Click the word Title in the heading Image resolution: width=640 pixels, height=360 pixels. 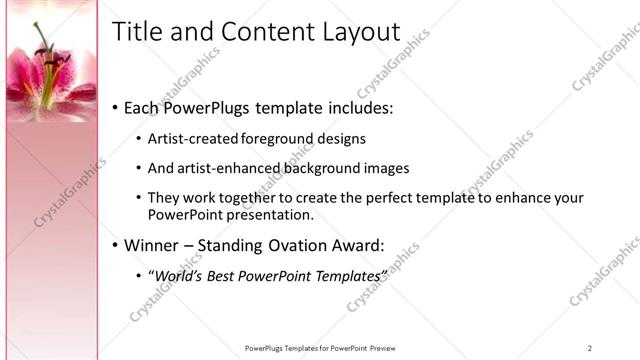click(137, 32)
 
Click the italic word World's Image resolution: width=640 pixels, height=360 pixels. click(180, 275)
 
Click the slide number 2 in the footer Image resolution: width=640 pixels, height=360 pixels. click(589, 348)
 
